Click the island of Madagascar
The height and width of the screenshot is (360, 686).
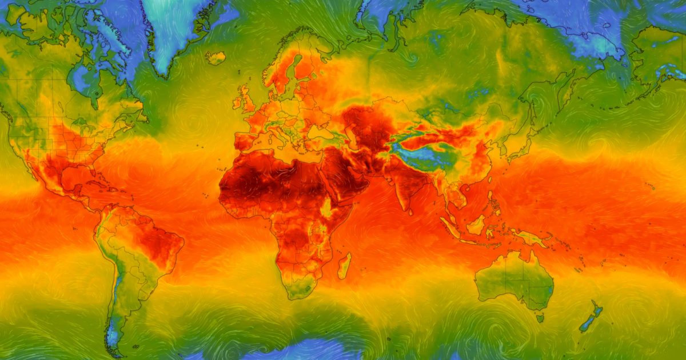(344, 266)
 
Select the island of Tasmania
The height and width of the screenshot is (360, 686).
(540, 318)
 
